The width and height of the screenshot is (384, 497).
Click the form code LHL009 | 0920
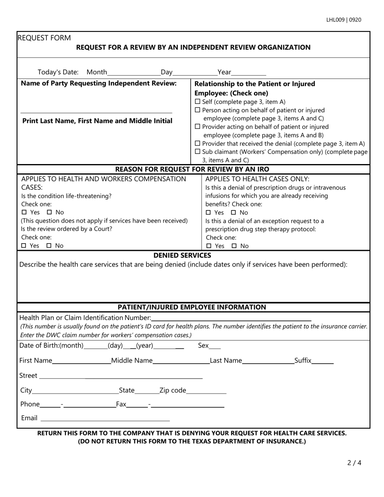point(344,20)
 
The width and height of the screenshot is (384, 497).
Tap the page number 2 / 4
point(354,463)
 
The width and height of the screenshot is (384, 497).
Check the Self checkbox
point(197,102)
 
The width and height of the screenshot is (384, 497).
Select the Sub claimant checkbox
point(197,152)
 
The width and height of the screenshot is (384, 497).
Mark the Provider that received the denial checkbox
point(197,143)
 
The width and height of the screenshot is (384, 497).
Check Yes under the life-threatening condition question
point(24,213)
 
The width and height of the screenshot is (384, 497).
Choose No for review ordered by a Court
point(49,246)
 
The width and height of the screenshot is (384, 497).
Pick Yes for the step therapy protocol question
point(209,246)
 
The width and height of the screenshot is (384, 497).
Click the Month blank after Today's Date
point(134,73)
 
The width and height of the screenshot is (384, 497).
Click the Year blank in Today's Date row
point(249,73)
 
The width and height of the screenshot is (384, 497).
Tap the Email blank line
point(105,419)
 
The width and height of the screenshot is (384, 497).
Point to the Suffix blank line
point(323,361)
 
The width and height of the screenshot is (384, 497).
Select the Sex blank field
point(215,346)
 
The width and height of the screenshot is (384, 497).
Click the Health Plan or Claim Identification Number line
point(231,318)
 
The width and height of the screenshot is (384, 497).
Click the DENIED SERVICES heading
point(182,255)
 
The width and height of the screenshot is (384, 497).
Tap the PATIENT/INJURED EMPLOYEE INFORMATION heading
point(192,307)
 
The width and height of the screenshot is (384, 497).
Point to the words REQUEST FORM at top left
point(44,38)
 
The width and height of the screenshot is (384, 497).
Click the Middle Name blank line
point(181,361)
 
